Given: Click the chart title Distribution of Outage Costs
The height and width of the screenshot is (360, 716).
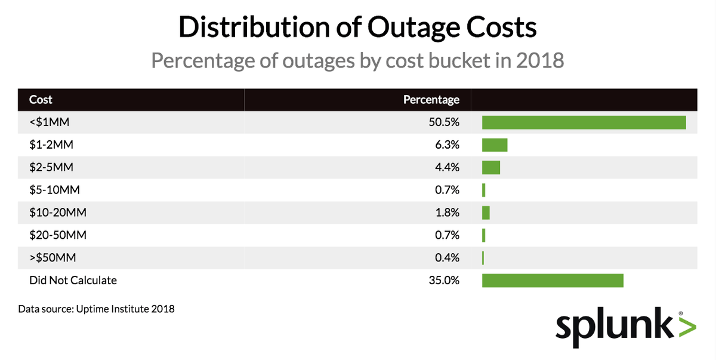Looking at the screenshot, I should tap(357, 28).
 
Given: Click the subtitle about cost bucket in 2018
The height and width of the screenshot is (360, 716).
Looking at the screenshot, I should tap(357, 60).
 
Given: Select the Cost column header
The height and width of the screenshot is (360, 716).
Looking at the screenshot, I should tap(41, 100).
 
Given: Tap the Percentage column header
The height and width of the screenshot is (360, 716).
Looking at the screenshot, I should tap(431, 100).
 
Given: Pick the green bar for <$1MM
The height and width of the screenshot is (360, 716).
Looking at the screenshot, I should tap(584, 122).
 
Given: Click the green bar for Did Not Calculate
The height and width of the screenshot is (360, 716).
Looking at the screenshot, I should tap(553, 280).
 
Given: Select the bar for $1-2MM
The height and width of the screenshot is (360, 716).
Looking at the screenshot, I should tap(495, 145).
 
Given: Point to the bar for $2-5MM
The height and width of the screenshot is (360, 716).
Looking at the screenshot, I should tap(491, 168).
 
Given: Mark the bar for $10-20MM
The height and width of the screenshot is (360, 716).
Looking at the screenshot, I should tap(486, 213).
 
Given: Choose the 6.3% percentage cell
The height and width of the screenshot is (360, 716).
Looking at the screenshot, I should tap(447, 145).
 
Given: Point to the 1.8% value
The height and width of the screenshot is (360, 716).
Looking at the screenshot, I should tap(447, 213).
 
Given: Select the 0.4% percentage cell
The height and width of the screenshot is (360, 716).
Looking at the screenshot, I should tap(447, 258).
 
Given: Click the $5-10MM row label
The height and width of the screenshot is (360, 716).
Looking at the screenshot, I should tap(54, 190).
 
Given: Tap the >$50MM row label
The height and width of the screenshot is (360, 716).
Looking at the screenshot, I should tap(53, 258).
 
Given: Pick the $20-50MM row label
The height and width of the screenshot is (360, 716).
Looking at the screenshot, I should tap(57, 235).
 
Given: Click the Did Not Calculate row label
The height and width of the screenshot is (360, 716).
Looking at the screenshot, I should tap(73, 280).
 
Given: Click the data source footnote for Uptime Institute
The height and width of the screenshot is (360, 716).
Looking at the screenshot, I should tap(96, 309).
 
